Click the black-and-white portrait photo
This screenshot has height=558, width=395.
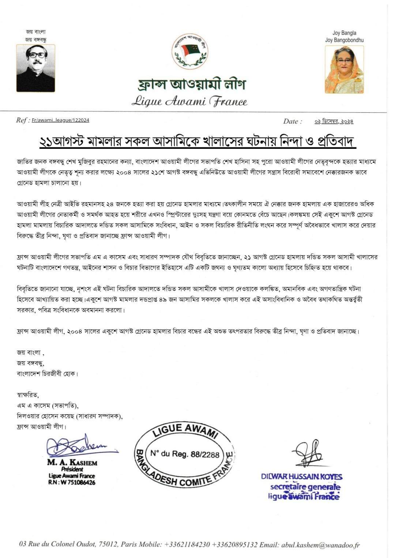pyautogui.click(x=35, y=68)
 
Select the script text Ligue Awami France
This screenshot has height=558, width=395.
pyautogui.click(x=189, y=101)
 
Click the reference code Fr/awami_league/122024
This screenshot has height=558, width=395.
pyautogui.click(x=60, y=120)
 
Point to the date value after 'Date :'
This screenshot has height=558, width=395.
pyautogui.click(x=334, y=121)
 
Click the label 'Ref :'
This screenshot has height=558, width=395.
pyautogui.click(x=23, y=120)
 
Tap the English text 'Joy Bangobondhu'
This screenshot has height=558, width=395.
pyautogui.click(x=344, y=40)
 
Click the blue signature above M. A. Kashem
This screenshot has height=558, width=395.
pyautogui.click(x=79, y=446)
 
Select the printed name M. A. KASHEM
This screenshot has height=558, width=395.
pyautogui.click(x=72, y=463)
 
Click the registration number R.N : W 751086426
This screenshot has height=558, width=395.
pyautogui.click(x=72, y=482)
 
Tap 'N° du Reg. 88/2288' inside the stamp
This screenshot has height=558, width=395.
pyautogui.click(x=185, y=454)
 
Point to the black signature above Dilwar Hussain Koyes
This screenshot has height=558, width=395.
pyautogui.click(x=308, y=453)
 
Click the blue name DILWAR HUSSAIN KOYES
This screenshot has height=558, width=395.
pyautogui.click(x=302, y=477)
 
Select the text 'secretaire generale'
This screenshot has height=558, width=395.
pyautogui.click(x=305, y=487)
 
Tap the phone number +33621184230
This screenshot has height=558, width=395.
pyautogui.click(x=187, y=545)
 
